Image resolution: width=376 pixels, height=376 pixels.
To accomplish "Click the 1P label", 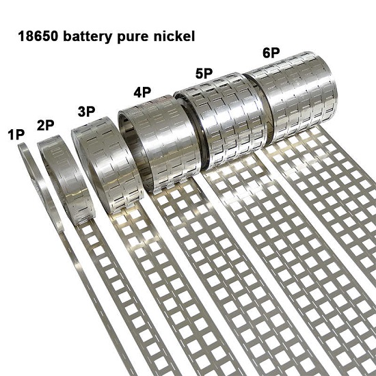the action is point(16,135).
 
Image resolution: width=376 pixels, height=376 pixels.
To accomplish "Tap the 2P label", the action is point(46,125).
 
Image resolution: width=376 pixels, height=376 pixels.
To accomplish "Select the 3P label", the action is point(86,111).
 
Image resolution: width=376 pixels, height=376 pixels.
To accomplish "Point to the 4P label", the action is point(142,92).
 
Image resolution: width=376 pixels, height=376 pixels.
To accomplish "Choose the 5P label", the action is point(204,73).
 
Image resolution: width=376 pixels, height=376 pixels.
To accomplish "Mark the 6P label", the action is point(271,53).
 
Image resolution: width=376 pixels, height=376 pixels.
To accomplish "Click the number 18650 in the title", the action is point(38,36).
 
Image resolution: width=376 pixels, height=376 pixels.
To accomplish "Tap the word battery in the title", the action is point(88,36).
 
